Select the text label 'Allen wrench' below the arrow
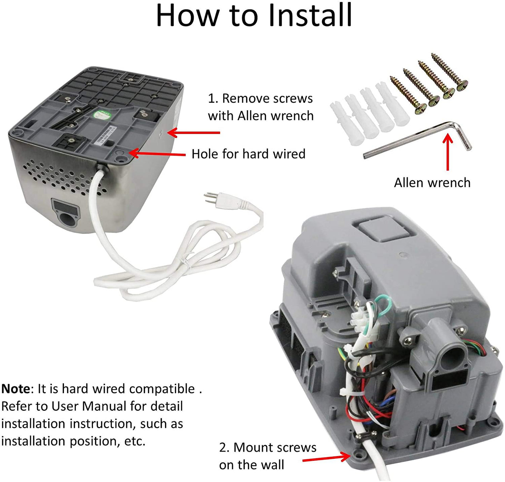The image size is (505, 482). pyautogui.click(x=432, y=183)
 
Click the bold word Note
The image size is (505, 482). pyautogui.click(x=16, y=389)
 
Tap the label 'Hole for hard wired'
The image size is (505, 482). pyautogui.click(x=248, y=154)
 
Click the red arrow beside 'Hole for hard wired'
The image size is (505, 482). pyautogui.click(x=157, y=154)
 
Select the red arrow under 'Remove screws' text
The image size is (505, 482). pyautogui.click(x=194, y=132)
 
